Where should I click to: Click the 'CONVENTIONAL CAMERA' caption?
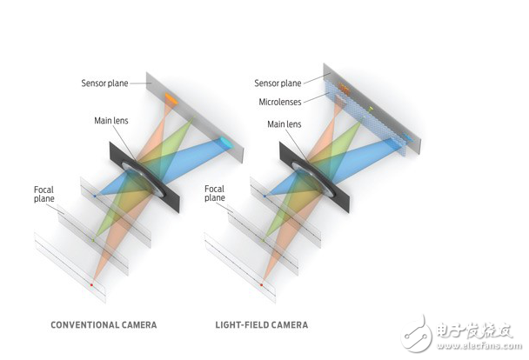coord(104,325)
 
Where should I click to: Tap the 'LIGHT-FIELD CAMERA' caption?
coord(262,325)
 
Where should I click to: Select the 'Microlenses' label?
coord(280,102)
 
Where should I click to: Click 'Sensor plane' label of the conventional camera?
coord(104,83)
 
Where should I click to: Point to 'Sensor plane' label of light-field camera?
coord(278,83)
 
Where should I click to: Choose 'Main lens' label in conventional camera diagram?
coord(111,120)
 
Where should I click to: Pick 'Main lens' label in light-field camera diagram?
coord(284,124)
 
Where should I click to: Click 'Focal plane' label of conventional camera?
coord(44,194)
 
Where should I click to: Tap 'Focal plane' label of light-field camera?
coord(215,193)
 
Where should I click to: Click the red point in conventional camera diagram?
coord(91,285)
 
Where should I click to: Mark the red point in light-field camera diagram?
coord(261,285)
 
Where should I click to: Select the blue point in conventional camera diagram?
coord(95,196)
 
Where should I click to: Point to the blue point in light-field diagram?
coord(264,196)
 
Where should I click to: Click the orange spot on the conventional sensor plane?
coord(171,98)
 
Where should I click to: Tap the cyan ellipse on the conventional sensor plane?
coord(226,143)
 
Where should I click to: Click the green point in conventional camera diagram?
coord(93,240)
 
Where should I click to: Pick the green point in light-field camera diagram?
coord(263,240)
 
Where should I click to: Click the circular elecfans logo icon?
coord(416,335)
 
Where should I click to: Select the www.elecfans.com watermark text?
coord(479,346)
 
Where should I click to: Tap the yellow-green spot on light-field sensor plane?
coord(371,109)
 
